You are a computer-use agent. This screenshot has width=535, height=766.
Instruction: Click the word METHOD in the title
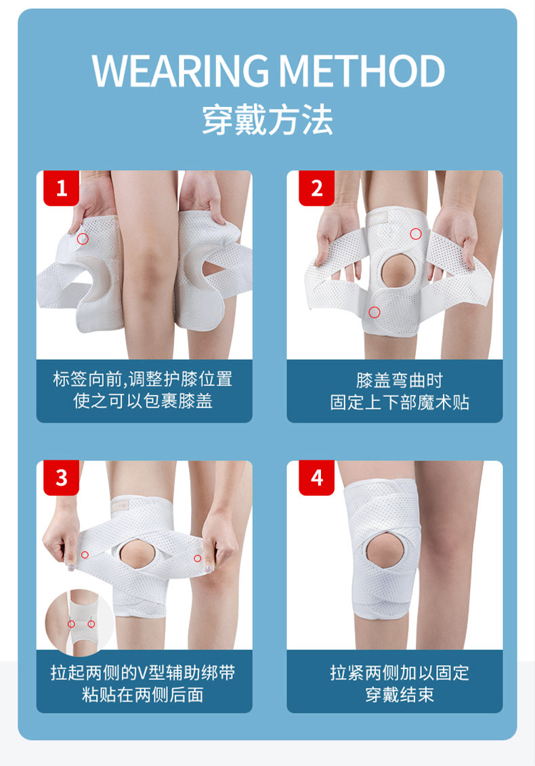pos(362,70)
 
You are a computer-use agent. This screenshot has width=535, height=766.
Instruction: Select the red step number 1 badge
pos(62,188)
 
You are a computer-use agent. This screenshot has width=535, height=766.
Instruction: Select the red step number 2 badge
pos(317,188)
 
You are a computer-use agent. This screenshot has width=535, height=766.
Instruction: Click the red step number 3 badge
pos(62,478)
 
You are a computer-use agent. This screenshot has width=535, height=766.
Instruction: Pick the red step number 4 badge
pos(317,478)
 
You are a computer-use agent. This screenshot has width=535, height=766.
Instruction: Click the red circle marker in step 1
pos(83,238)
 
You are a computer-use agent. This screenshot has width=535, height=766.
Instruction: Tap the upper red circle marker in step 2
pos(416,234)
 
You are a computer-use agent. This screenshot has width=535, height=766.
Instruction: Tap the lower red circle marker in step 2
pos(374,312)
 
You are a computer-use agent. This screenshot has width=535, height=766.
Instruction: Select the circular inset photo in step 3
pos(80,622)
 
